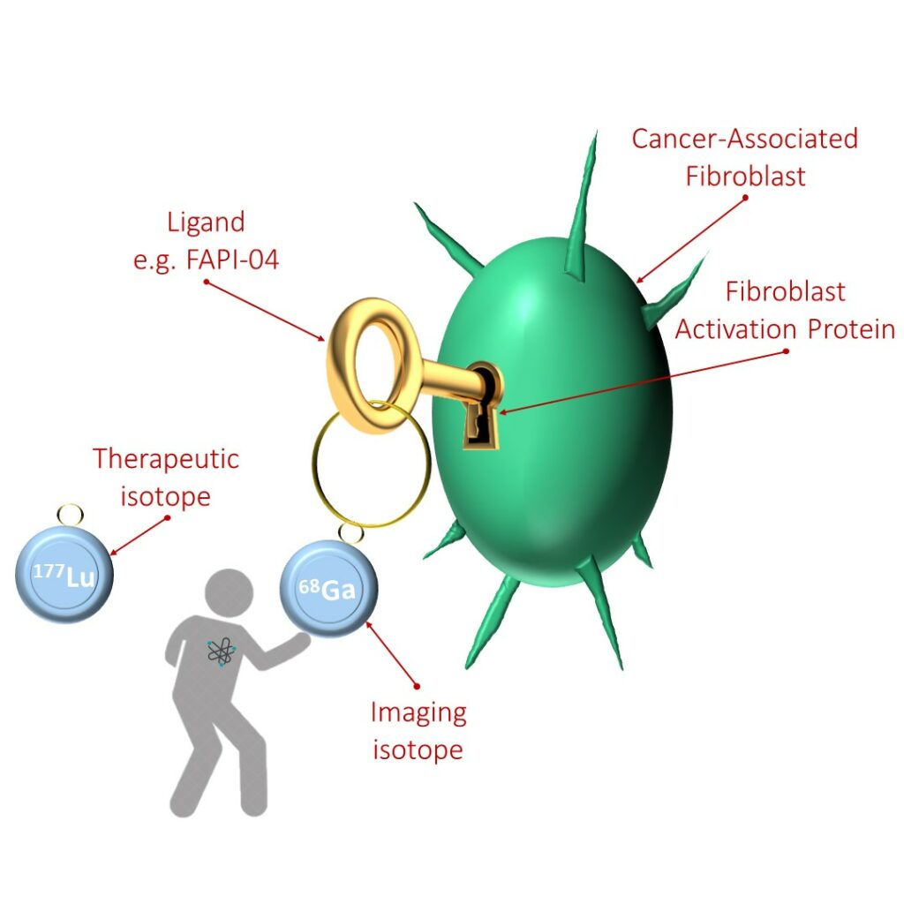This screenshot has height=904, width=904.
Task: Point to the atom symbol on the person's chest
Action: click(x=222, y=652)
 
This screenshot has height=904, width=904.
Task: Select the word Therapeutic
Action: click(x=167, y=459)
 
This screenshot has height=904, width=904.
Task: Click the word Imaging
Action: click(x=418, y=712)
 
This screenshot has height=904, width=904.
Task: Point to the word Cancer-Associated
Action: click(x=745, y=139)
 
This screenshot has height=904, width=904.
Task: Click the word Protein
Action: click(x=851, y=329)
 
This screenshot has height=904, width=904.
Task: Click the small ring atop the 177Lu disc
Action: click(x=70, y=513)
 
